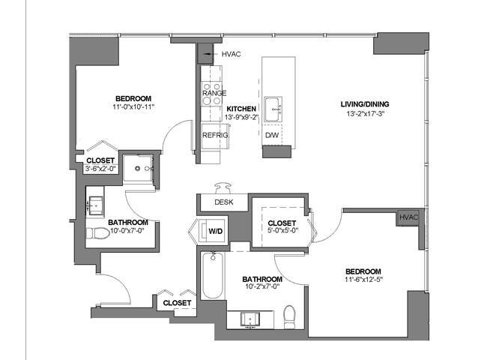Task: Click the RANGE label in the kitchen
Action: click(x=214, y=92)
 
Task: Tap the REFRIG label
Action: click(x=214, y=136)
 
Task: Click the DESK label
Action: click(x=223, y=202)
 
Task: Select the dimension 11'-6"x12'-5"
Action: click(x=363, y=280)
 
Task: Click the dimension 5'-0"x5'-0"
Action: click(x=282, y=232)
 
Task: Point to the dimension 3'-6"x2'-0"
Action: click(x=100, y=169)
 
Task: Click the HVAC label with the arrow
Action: click(x=229, y=54)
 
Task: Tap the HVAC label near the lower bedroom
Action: click(x=408, y=217)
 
